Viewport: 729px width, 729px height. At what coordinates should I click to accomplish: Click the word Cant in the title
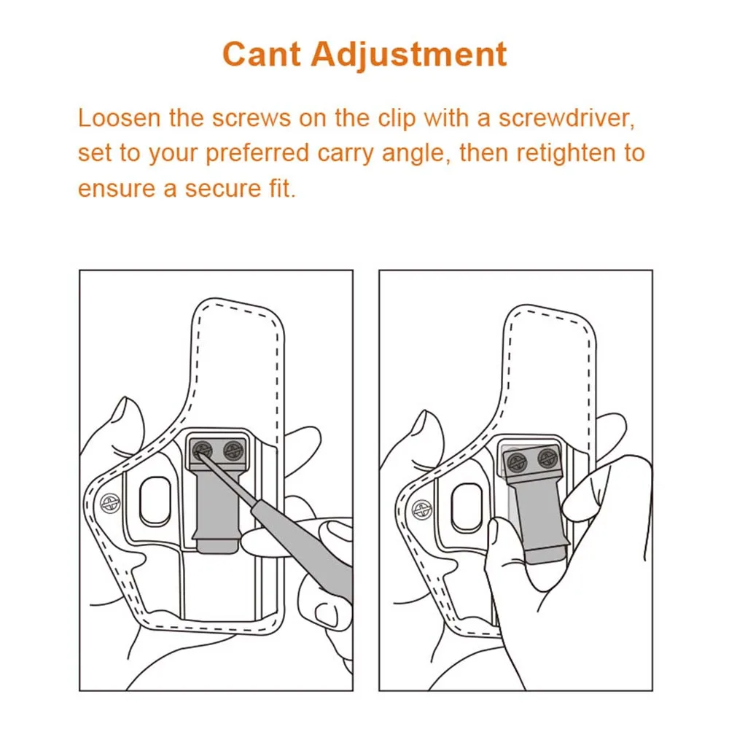262,54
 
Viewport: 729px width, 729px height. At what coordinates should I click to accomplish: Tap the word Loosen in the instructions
119,117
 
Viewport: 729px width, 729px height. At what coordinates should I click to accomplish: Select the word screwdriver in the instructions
566,119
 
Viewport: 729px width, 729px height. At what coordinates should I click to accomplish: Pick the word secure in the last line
222,189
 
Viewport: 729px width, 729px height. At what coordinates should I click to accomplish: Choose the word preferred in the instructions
257,154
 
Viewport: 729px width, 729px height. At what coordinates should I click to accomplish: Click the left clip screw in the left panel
202,450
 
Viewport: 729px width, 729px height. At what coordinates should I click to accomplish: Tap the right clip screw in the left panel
233,450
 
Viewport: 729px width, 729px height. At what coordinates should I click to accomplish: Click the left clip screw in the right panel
517,462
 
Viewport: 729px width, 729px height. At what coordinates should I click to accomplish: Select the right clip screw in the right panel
547,459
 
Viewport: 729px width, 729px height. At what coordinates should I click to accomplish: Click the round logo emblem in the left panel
110,502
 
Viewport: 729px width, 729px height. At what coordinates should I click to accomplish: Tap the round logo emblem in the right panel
422,510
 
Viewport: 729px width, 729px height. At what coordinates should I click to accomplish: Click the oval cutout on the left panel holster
155,502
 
